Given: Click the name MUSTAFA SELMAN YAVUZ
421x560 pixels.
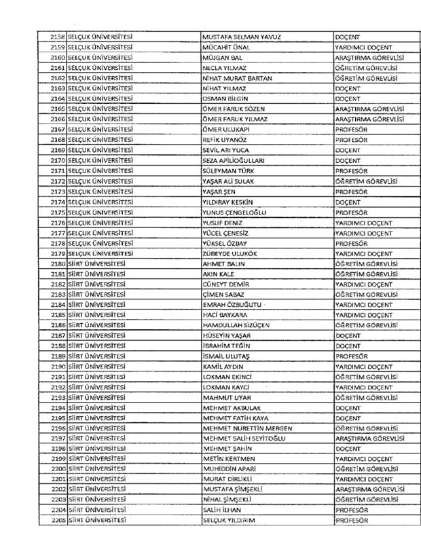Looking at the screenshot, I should [242, 36].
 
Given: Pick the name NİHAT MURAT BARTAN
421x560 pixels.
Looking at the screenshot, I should [237, 79].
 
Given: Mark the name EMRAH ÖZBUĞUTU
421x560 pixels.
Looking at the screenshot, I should [232, 305].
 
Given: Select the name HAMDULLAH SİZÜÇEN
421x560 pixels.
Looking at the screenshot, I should [236, 325].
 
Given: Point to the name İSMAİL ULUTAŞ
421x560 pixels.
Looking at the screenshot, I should [226, 356].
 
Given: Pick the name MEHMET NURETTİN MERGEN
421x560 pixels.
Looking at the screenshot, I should [247, 428].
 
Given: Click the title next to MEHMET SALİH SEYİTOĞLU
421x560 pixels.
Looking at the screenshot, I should [369, 438].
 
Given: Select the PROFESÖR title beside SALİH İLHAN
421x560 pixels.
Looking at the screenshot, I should [352, 510].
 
